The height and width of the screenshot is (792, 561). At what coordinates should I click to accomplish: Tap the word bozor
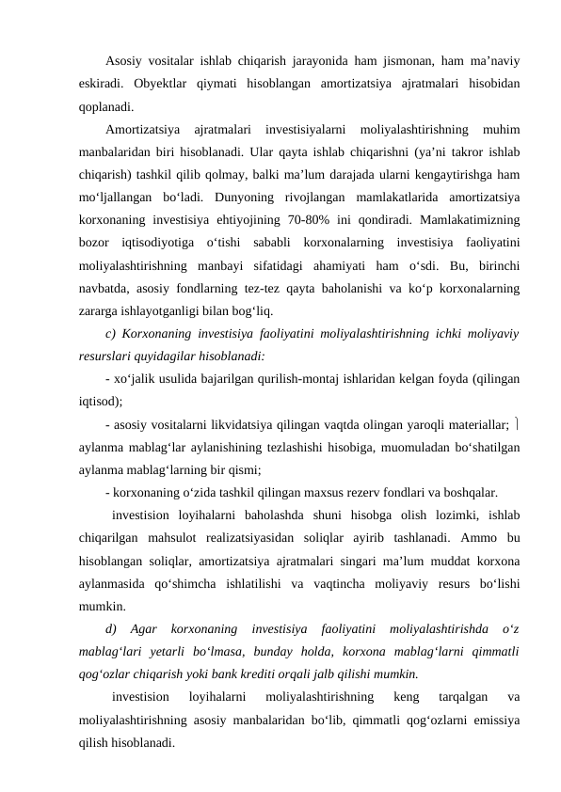(96, 243)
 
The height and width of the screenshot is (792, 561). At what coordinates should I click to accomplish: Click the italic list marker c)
(113, 332)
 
